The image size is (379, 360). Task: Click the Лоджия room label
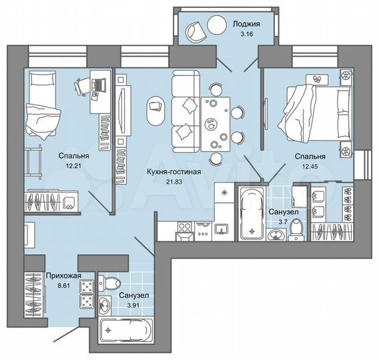[x=246, y=24]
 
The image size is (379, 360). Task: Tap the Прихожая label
[x=64, y=275]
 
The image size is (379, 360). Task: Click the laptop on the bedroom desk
[x=99, y=85]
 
